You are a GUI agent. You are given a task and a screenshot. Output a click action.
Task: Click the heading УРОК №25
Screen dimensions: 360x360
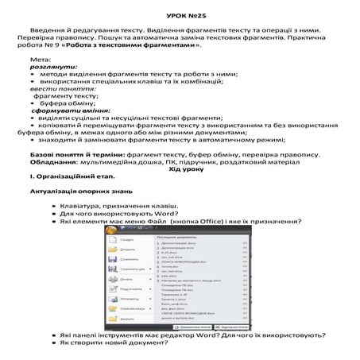(x=179, y=15)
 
